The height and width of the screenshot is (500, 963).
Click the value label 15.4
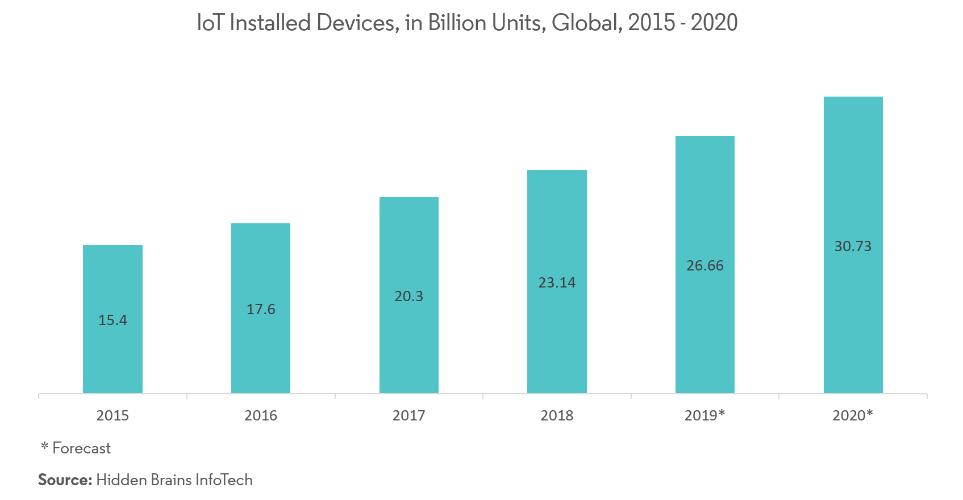[x=112, y=320]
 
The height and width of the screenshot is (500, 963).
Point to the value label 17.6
[x=261, y=310]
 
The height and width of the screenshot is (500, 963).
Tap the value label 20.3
[x=409, y=297]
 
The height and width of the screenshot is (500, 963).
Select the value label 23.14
[x=557, y=283]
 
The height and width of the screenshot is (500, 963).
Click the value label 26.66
[x=705, y=266]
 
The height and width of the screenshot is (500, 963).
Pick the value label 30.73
[x=853, y=247]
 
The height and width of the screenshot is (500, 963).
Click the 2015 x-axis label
[x=112, y=416]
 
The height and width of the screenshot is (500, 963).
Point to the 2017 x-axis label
[x=409, y=416]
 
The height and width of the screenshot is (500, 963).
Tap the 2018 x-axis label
[x=557, y=416]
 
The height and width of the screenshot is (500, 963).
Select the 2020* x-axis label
[x=852, y=416]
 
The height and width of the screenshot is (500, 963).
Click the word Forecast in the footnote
[x=82, y=449]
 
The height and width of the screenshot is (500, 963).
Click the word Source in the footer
[x=64, y=480]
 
